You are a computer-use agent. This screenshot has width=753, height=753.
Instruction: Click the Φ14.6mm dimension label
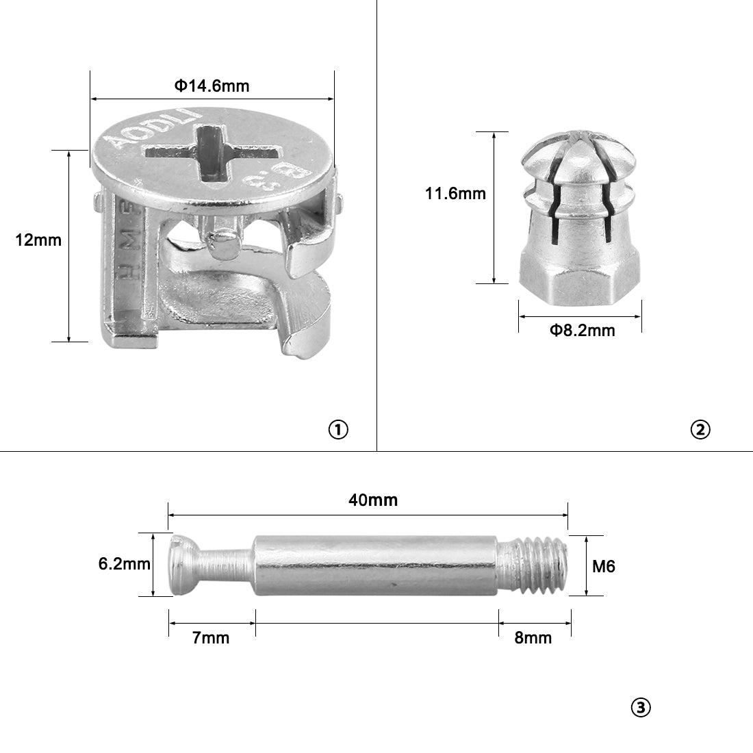click(212, 86)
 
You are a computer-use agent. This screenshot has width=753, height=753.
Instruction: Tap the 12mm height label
click(38, 240)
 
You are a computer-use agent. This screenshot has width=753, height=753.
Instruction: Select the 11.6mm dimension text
click(455, 194)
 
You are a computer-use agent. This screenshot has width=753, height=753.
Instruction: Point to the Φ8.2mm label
click(582, 331)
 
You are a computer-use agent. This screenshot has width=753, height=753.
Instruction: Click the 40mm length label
click(373, 500)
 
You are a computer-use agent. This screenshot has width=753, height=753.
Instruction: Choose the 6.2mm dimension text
click(125, 563)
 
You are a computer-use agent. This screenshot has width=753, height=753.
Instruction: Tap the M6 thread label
click(604, 566)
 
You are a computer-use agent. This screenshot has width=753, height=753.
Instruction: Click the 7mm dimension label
click(211, 638)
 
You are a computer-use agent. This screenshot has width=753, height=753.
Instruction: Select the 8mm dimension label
click(533, 638)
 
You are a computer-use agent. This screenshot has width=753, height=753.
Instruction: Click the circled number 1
click(338, 429)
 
